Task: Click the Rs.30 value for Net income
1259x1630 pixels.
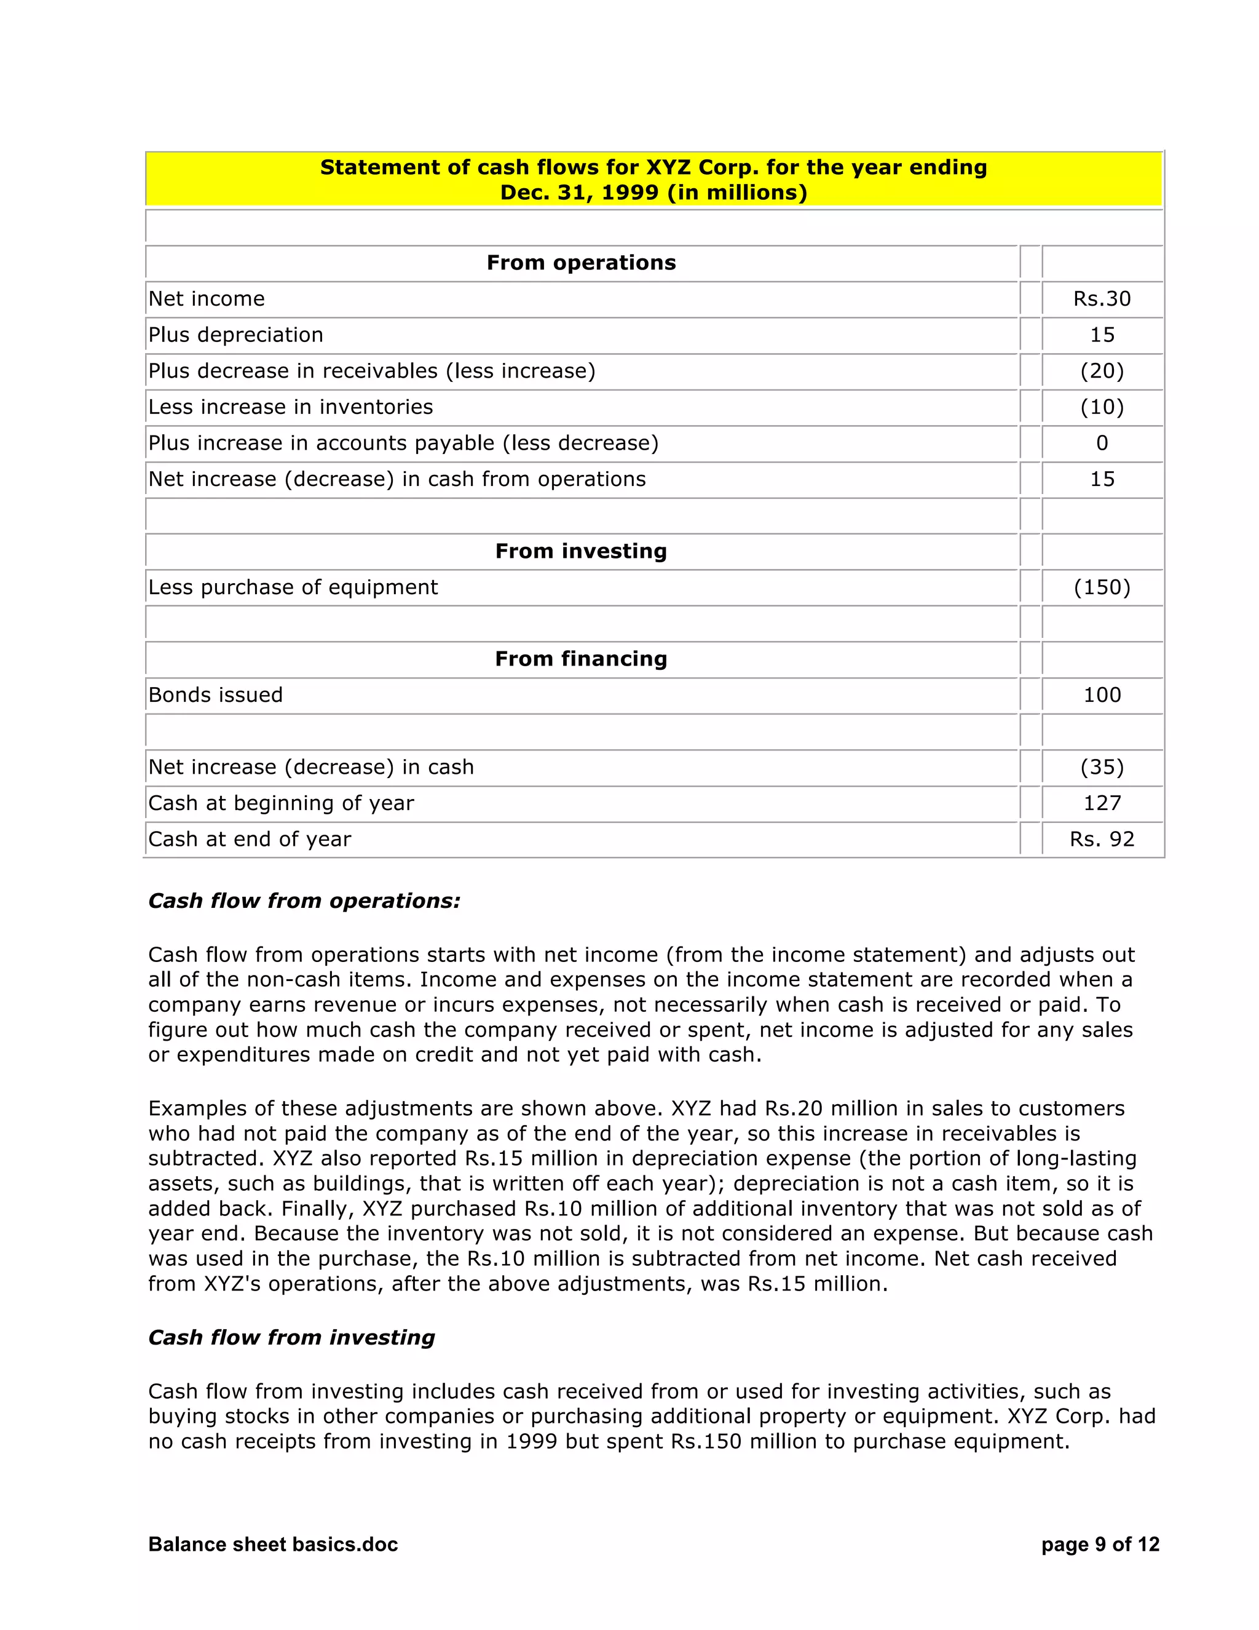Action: click(1102, 298)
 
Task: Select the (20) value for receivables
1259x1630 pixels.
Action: click(1102, 371)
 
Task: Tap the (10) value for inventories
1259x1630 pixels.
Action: click(1102, 407)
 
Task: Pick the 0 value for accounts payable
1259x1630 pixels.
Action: click(1102, 443)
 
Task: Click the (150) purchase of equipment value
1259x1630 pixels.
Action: click(1102, 587)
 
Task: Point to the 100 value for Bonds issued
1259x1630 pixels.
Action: click(1102, 695)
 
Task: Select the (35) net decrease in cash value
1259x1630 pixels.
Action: click(1102, 767)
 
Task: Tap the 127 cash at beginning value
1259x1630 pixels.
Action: click(1102, 803)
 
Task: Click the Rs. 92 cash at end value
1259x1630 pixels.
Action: click(1102, 839)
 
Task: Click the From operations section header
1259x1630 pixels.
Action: click(581, 263)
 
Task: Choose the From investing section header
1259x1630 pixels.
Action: click(581, 551)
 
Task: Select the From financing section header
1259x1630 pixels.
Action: click(581, 659)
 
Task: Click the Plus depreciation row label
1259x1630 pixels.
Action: click(235, 335)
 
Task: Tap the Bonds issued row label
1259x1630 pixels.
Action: click(216, 695)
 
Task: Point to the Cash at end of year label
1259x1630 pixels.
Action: click(249, 839)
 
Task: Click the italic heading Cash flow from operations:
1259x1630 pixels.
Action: click(304, 901)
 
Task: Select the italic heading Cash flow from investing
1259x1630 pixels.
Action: click(291, 1337)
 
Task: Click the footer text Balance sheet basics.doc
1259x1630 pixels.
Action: click(273, 1544)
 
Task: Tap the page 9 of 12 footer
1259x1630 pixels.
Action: click(1100, 1544)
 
